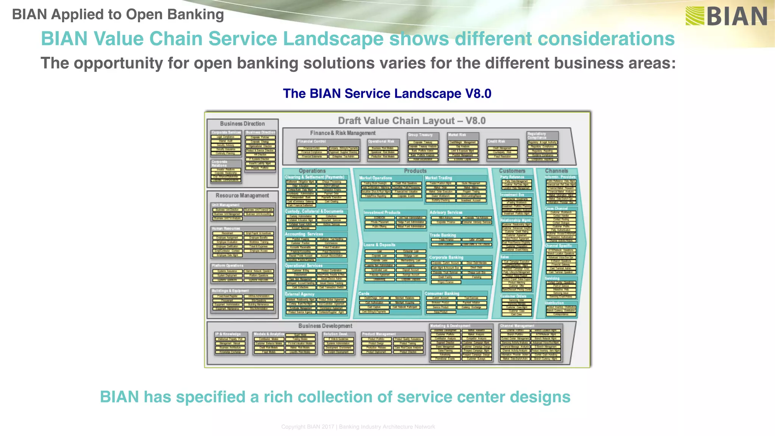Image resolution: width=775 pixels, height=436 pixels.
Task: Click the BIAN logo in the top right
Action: coord(726,16)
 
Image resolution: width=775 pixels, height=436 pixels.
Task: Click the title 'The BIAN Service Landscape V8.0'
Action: coord(387,93)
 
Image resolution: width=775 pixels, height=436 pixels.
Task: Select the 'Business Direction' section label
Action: coord(242,124)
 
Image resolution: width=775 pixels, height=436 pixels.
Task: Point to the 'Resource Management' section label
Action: coord(242,196)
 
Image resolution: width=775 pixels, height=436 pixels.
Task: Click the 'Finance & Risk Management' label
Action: coord(342,133)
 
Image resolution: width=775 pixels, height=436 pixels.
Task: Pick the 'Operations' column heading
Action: coord(312,171)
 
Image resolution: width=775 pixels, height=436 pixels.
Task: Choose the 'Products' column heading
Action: coord(415,171)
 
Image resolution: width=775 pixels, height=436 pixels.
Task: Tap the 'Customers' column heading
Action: coord(512,171)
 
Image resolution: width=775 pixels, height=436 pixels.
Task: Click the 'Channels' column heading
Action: coord(556,171)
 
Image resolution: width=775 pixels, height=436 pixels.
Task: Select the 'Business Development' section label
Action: coord(325,326)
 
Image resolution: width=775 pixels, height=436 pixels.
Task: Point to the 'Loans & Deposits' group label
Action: coord(379,245)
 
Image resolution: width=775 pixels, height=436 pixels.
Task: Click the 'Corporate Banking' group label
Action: coord(446,257)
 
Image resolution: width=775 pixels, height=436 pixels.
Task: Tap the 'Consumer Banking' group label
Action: coord(442,294)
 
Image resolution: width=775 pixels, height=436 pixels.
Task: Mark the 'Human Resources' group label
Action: coord(226,229)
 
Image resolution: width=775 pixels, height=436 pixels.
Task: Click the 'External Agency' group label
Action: coord(300,294)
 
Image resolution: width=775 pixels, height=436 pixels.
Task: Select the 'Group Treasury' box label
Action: coord(420,135)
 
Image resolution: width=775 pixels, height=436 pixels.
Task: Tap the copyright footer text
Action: coord(358,427)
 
